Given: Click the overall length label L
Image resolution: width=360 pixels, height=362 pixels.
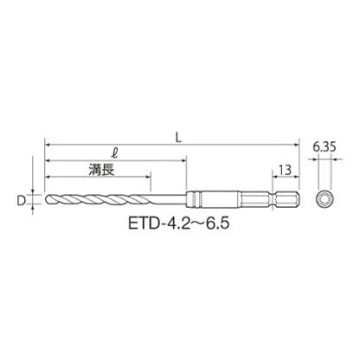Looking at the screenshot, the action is [x=179, y=139].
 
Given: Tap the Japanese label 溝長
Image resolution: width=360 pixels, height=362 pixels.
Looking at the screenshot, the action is [x=101, y=170].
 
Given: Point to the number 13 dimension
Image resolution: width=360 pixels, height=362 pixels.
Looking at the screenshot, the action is [x=285, y=170].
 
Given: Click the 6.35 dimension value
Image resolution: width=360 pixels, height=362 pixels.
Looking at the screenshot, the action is [x=325, y=147].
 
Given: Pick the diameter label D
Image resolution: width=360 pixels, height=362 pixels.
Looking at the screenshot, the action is [x=21, y=200].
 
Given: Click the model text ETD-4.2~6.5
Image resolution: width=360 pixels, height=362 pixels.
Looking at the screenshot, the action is [x=179, y=223].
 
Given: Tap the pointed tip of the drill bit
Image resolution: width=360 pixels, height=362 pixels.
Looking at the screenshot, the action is [x=46, y=199].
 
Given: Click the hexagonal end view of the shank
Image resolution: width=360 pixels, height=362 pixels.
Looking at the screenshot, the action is [x=325, y=199].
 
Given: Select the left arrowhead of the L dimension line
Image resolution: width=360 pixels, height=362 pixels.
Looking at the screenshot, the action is [x=48, y=145].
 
